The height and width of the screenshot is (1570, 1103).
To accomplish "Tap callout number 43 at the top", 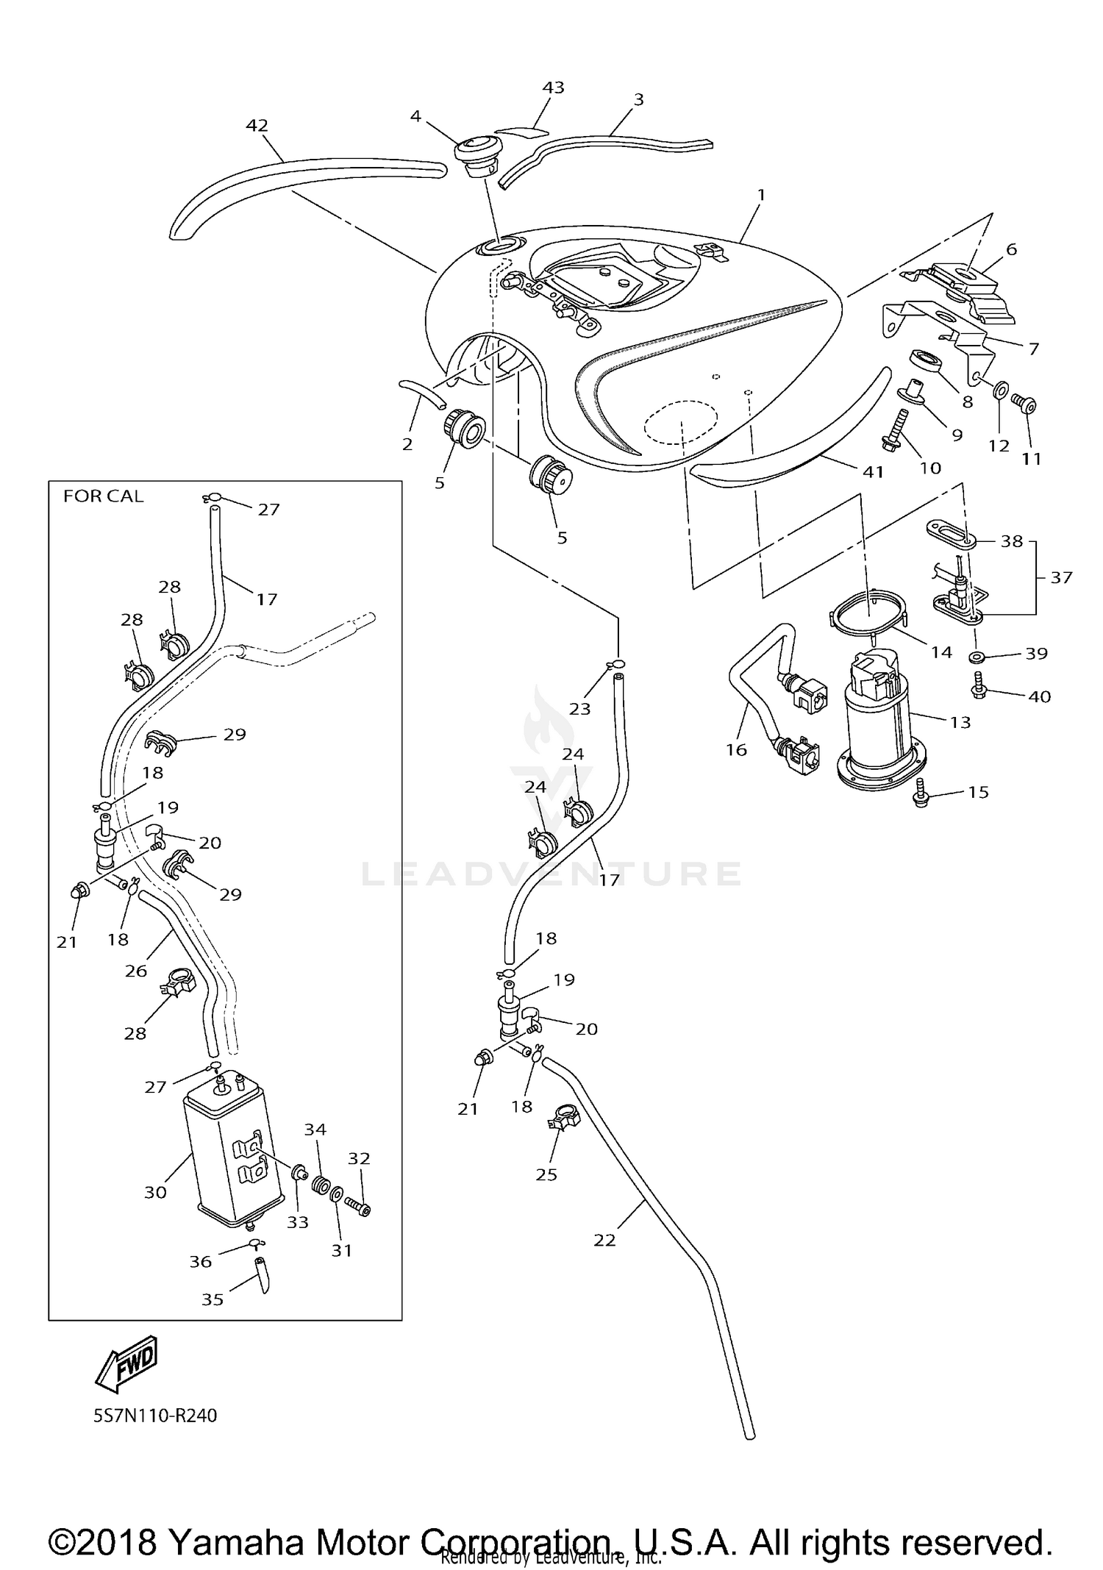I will [x=553, y=88].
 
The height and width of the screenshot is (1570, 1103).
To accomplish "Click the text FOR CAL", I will [x=103, y=496].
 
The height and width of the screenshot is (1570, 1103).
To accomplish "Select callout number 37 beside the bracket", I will [x=1061, y=577].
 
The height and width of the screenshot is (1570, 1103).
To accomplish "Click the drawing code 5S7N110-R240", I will [x=155, y=1416].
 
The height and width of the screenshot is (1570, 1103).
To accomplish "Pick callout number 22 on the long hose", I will [x=604, y=1240].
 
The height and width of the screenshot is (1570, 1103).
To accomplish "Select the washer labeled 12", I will [x=1001, y=390].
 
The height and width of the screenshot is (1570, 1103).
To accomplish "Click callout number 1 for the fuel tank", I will [x=762, y=195].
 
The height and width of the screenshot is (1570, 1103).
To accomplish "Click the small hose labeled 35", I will [x=262, y=1274].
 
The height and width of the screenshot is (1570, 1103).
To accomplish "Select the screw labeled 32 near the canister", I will [x=358, y=1207].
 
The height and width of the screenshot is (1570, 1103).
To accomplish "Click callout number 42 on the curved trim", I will [x=257, y=126].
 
